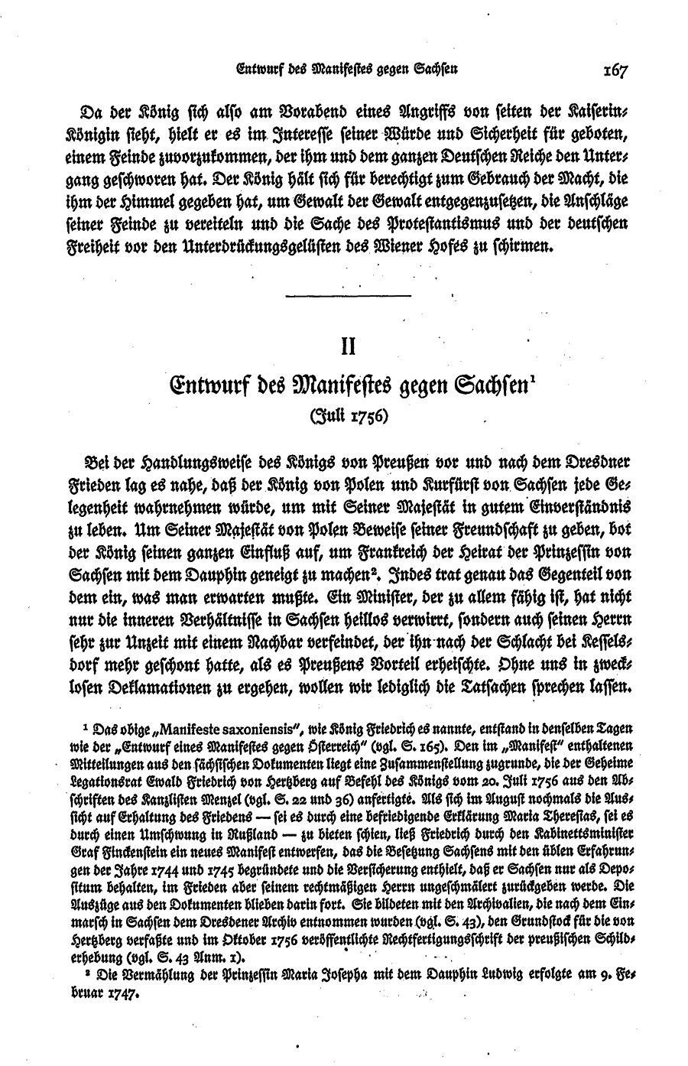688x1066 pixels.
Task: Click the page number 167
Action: pos(614,71)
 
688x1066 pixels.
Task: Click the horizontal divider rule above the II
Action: pos(347,296)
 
